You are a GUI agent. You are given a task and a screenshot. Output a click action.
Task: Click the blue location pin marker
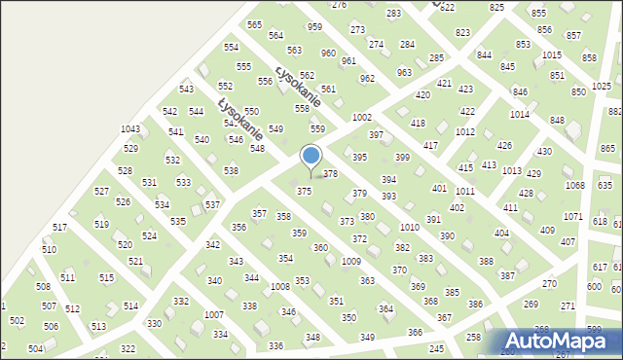pyautogui.click(x=311, y=157)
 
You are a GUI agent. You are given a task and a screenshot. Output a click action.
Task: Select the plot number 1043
pyautogui.click(x=130, y=129)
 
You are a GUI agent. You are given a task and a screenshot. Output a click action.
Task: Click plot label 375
pyautogui.click(x=305, y=192)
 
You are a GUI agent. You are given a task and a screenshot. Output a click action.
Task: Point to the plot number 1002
pyautogui.click(x=362, y=117)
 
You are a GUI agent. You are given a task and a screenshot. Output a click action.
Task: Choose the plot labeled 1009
pyautogui.click(x=351, y=262)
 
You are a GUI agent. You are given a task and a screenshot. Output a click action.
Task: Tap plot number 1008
pyautogui.click(x=280, y=286)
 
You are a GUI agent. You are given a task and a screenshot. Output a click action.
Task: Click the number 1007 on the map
pyautogui.click(x=214, y=315)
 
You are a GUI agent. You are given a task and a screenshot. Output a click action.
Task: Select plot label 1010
pyautogui.click(x=409, y=227)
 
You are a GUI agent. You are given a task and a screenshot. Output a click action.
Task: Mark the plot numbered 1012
pyautogui.click(x=465, y=131)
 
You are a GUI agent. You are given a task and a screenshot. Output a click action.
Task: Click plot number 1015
pyautogui.click(x=552, y=55)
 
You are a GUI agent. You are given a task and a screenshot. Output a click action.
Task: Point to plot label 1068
pyautogui.click(x=575, y=185)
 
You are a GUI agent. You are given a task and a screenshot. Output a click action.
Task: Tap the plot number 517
pyautogui.click(x=60, y=227)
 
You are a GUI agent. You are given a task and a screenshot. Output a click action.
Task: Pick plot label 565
pyautogui.click(x=255, y=24)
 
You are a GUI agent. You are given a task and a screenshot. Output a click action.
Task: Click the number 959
pyautogui.click(x=314, y=27)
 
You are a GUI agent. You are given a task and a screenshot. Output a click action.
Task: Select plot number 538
pyautogui.click(x=231, y=170)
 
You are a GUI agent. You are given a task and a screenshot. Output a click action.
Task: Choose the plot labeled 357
pyautogui.click(x=260, y=213)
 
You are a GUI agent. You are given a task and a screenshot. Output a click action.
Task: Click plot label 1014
pyautogui.click(x=519, y=114)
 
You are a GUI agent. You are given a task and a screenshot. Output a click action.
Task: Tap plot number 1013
pyautogui.click(x=511, y=170)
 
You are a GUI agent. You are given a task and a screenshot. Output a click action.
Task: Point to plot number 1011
pyautogui.click(x=465, y=192)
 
